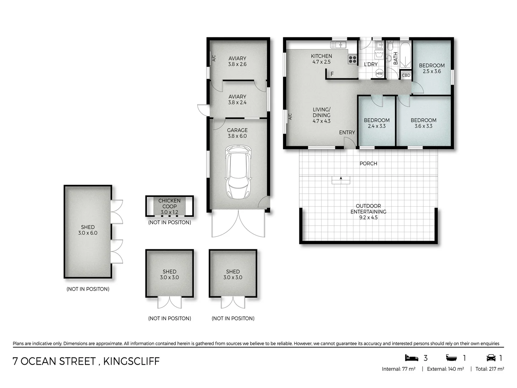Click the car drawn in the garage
point(237,172)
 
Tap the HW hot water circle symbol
point(379,73)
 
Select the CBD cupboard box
point(406,75)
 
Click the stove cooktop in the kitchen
point(352,60)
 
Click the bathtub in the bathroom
point(405,55)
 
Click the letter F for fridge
point(332,74)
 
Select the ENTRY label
point(347,133)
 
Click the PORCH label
point(368,163)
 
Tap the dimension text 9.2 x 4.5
point(368,217)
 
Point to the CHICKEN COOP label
point(169,203)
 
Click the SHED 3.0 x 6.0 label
point(88,230)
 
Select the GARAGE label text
point(237,130)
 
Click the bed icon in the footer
point(411,358)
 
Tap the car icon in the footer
point(491,358)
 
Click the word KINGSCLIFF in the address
point(131,361)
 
